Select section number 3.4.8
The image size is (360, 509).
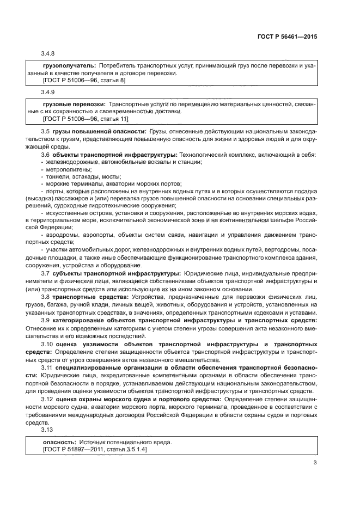click(x=48, y=53)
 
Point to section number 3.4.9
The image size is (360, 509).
click(x=48, y=91)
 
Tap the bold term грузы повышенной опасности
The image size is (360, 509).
click(x=100, y=132)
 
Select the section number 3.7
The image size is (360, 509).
click(x=46, y=272)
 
